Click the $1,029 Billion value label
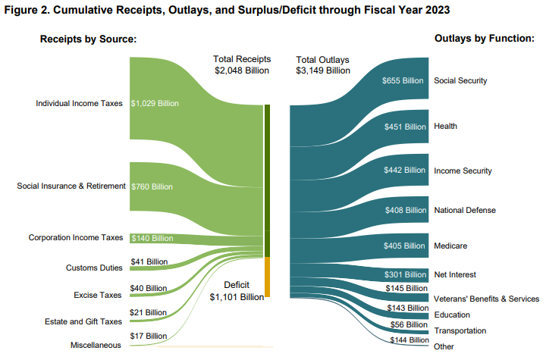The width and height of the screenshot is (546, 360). click(x=155, y=103)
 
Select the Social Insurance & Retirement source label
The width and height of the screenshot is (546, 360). click(x=71, y=186)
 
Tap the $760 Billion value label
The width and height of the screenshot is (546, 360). click(x=152, y=186)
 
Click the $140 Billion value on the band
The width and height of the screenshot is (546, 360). click(x=152, y=238)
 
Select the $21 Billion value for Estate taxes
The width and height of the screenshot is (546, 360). click(x=149, y=312)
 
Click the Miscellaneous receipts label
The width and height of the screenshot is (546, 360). click(x=95, y=345)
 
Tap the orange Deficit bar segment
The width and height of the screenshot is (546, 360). click(x=267, y=277)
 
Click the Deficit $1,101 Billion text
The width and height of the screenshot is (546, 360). click(x=237, y=292)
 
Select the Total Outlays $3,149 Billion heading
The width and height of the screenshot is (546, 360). click(x=323, y=65)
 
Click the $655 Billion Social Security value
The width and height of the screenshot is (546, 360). click(x=403, y=80)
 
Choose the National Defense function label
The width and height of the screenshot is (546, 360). click(x=464, y=209)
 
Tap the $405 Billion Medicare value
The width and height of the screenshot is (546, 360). click(x=403, y=246)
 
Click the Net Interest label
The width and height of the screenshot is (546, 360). click(x=455, y=274)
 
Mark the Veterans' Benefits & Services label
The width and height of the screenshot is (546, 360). click(x=486, y=299)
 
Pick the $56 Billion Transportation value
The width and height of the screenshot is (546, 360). click(x=407, y=324)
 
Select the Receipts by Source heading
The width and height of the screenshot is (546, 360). click(x=88, y=39)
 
